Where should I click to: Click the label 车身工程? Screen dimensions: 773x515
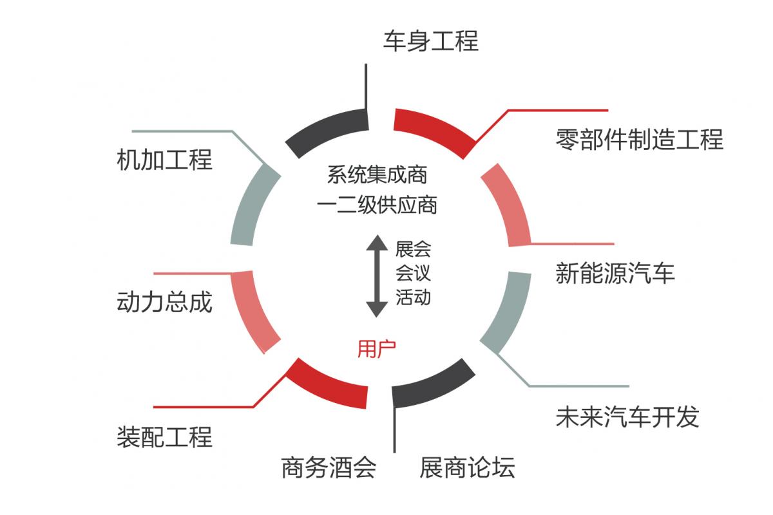(x=431, y=41)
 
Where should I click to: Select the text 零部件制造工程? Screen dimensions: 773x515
(x=640, y=139)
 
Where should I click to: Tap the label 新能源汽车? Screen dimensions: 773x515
(x=615, y=273)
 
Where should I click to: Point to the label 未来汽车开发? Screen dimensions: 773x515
(x=627, y=417)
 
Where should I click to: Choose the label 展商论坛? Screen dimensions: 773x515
(x=467, y=467)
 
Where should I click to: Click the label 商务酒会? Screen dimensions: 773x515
(x=329, y=467)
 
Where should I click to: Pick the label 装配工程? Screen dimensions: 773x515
(x=165, y=436)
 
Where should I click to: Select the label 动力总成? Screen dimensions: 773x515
(x=165, y=302)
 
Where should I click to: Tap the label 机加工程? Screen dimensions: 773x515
(x=165, y=160)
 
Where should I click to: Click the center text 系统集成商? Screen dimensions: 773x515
(x=377, y=174)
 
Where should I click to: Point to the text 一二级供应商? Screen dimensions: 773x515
(x=377, y=205)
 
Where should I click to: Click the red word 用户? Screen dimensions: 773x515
(x=376, y=349)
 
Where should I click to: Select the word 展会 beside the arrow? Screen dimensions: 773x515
(x=413, y=249)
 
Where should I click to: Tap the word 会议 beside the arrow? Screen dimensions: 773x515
(x=413, y=273)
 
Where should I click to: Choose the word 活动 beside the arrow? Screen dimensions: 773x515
(x=413, y=297)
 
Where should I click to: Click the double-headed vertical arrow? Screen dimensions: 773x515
(x=377, y=276)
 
